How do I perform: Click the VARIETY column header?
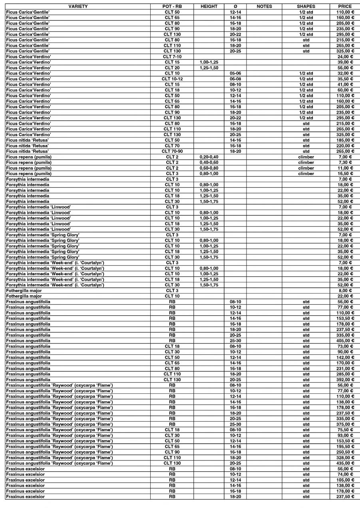coord(78,6)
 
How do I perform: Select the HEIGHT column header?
coord(209,6)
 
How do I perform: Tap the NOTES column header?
coord(264,6)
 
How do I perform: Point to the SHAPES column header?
coord(306,6)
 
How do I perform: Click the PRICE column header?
coord(345,6)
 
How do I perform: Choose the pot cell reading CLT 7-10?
coord(172,57)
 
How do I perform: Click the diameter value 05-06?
coord(235,73)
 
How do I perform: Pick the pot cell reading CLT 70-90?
coord(172,151)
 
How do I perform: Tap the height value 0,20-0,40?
coord(209,157)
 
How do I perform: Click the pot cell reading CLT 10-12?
coord(172,79)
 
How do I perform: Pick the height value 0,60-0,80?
coord(209,168)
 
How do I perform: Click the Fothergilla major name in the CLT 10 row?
coord(24,296)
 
